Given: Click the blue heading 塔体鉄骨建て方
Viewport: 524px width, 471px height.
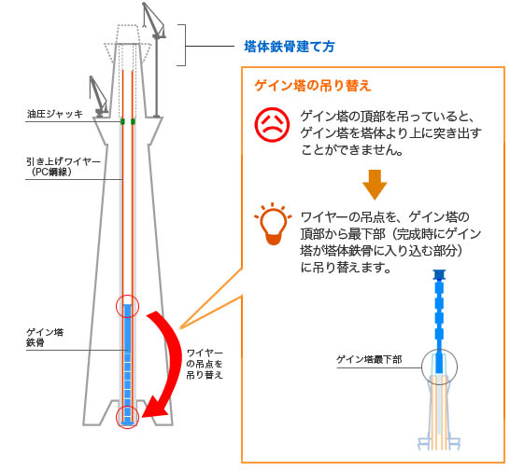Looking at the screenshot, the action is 290,47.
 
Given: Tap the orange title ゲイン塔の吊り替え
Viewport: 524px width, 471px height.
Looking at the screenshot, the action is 313,86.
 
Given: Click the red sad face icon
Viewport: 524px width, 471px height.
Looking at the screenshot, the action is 272,124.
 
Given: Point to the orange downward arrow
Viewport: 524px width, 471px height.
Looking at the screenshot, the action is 375,185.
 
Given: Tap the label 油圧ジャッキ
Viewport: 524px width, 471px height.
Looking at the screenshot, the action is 55,114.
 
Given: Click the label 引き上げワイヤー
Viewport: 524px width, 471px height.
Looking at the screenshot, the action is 64,162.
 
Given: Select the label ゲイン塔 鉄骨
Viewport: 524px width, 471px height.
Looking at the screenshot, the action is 45,337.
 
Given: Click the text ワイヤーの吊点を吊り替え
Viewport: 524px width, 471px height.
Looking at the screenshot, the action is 205,364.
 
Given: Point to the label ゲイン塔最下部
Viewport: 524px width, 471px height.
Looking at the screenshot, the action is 369,359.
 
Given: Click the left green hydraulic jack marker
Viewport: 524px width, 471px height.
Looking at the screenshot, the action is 122,121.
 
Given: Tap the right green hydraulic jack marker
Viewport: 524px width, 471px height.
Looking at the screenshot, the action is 133,121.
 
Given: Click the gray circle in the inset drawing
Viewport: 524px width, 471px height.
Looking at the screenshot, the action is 422,367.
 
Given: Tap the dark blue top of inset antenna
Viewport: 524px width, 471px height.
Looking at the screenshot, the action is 439,275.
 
